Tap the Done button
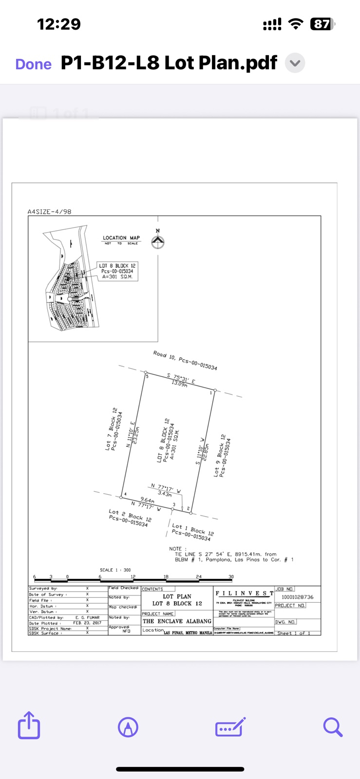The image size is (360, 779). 33,64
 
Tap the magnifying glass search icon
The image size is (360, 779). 333,727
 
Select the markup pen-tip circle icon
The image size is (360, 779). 128,727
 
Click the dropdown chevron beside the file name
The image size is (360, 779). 295,63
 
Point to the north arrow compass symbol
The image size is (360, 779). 157,241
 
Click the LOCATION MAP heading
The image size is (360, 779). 121,238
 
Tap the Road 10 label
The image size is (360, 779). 185,360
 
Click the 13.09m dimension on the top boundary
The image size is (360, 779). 179,384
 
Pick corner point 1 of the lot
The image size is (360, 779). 214,390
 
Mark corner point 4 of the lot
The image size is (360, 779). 121,497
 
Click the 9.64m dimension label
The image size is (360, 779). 147,500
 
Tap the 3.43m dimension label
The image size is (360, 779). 165,493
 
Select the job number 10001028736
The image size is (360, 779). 297,597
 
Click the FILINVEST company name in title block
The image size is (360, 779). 244,593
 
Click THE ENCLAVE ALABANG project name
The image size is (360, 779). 177,621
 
